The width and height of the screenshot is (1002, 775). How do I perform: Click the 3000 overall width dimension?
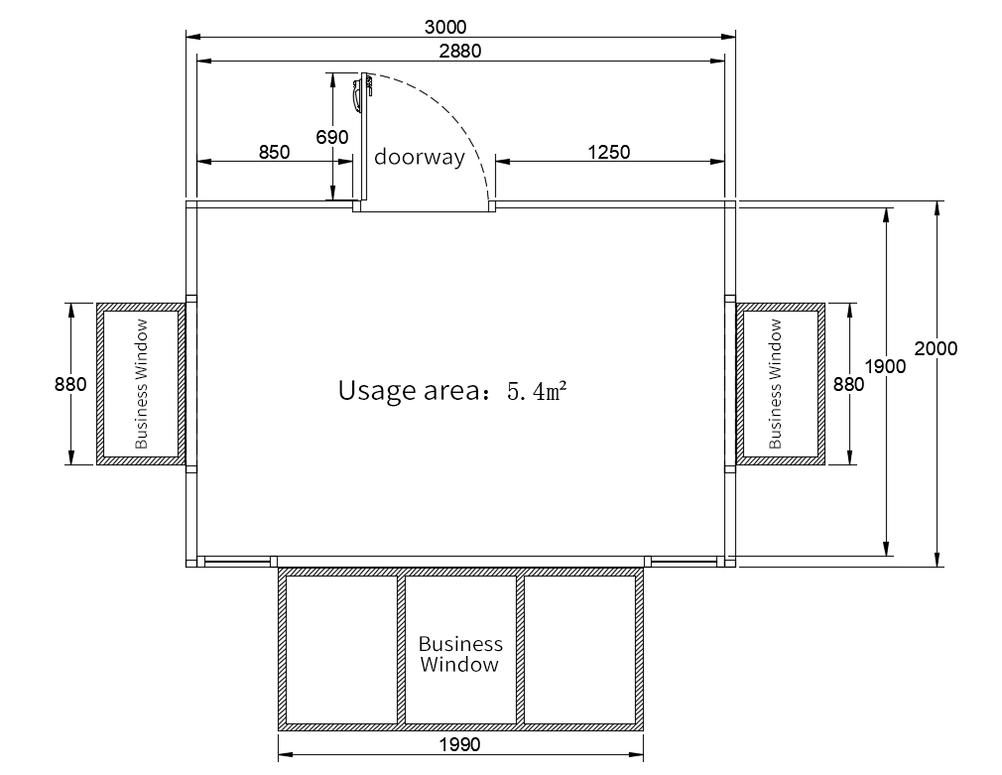pos(445,28)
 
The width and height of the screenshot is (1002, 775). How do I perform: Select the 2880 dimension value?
pos(460,52)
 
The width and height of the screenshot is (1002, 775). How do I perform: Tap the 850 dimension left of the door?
pos(274,152)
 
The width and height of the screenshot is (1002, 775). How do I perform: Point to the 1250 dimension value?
pos(609,152)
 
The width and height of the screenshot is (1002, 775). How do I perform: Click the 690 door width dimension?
pos(332,137)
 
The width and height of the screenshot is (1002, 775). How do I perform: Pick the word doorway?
pos(420,157)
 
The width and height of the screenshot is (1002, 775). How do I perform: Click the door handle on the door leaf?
pos(356,97)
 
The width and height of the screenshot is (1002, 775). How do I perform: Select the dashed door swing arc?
pos(457,115)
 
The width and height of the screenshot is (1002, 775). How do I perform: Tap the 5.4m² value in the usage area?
pos(537,390)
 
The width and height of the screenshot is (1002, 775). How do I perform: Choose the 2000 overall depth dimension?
pos(936,348)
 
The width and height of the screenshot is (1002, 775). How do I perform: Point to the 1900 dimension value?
pos(885,366)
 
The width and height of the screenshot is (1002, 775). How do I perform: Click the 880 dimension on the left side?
pos(70,384)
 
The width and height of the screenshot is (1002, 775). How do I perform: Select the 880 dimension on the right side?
pos(848,384)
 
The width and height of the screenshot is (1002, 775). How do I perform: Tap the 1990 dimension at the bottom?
pos(460,744)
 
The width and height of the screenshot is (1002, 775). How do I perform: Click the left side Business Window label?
pos(141,384)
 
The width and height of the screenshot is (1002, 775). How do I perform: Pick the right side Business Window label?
pos(775,384)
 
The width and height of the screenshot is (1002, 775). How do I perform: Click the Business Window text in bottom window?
pos(460,654)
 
